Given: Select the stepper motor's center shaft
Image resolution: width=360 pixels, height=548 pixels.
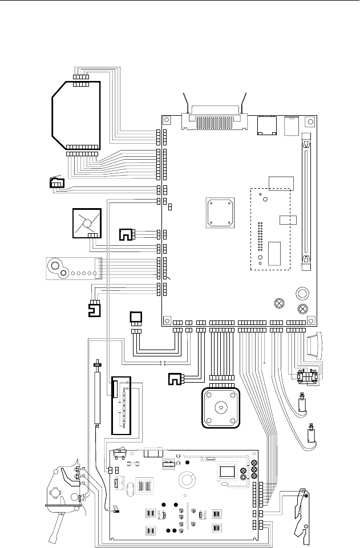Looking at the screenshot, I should tap(219, 408).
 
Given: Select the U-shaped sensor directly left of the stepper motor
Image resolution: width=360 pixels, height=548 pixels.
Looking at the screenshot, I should tap(175, 378).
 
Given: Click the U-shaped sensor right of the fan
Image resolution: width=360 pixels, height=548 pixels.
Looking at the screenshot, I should tap(124, 234).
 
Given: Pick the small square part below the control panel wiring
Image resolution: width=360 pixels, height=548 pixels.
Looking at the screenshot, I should tap(136, 316).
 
